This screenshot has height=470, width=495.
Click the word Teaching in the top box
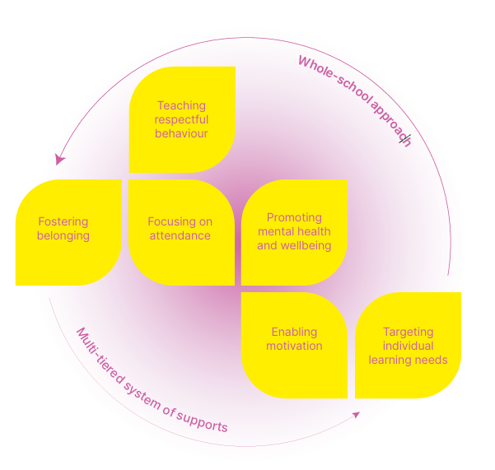(181, 106)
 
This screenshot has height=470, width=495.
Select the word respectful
(181, 119)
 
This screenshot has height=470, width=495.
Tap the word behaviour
(181, 133)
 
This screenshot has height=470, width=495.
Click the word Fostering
(63, 222)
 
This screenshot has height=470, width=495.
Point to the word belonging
(63, 235)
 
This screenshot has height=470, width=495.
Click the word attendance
(180, 235)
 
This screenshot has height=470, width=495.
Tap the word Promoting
(294, 218)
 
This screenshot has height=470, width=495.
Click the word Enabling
(294, 333)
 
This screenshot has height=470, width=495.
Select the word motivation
(294, 346)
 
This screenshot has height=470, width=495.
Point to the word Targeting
(408, 333)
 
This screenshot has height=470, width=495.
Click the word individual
(408, 346)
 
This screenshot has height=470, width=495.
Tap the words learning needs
(408, 360)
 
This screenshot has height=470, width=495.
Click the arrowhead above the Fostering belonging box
(59, 160)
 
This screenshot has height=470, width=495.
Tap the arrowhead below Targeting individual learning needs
(356, 414)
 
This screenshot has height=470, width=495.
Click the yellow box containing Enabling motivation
(294, 362)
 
